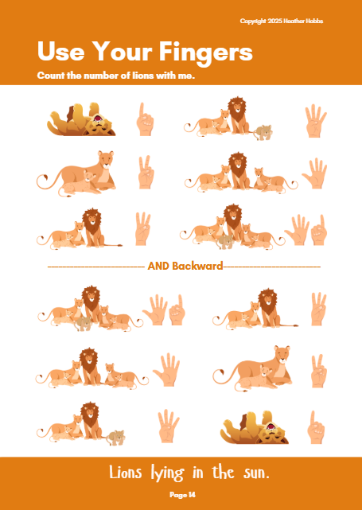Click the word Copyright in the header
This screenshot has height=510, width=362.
pyautogui.click(x=253, y=21)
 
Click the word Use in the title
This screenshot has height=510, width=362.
pyautogui.click(x=61, y=51)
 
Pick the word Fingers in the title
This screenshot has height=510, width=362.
pyautogui.click(x=206, y=53)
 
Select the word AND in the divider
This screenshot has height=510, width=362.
pyautogui.click(x=158, y=266)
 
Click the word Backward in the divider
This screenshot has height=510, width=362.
pyautogui.click(x=197, y=266)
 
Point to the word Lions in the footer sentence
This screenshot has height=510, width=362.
pyautogui.click(x=126, y=473)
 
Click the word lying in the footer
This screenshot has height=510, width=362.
pyautogui.click(x=168, y=473)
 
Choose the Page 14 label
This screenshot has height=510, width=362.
pyautogui.click(x=182, y=495)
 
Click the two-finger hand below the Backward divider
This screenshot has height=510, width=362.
pyautogui.click(x=318, y=371)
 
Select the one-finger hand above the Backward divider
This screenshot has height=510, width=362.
pyautogui.click(x=145, y=119)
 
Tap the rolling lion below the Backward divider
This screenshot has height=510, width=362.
pyautogui.click(x=255, y=427)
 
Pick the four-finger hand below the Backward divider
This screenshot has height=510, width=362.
pyautogui.click(x=168, y=426)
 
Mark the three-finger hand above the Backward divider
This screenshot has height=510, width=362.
pyautogui.click(x=142, y=228)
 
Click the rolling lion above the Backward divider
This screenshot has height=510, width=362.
pyautogui.click(x=81, y=119)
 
